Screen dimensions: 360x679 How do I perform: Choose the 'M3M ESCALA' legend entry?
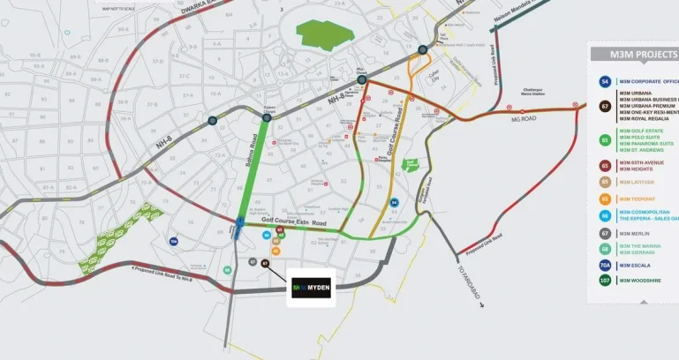click(x=637, y=265)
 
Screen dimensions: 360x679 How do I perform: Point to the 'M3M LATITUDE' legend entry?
click(x=637, y=183)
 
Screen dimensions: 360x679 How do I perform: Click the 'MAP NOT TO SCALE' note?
click(x=119, y=9)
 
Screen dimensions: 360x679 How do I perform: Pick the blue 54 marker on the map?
click(x=395, y=202)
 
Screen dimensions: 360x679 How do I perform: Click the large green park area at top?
click(x=323, y=34)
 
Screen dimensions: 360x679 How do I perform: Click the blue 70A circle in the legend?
click(x=605, y=265)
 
